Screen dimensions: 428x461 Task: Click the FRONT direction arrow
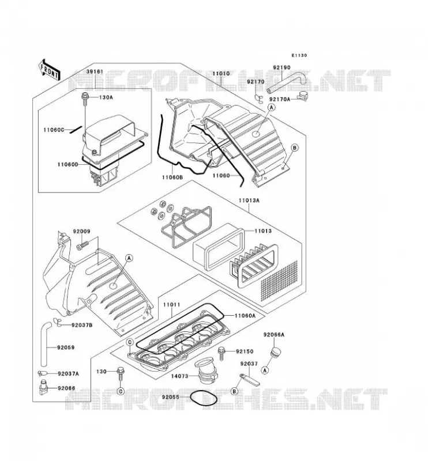[x=49, y=69]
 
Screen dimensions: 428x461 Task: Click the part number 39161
[x=95, y=71]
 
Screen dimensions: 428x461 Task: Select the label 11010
[x=221, y=73]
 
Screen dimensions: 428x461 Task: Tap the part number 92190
[x=281, y=67]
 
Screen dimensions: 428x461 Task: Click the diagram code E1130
[x=299, y=55]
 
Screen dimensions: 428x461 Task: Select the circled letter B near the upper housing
[x=295, y=148]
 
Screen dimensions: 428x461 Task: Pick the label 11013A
[x=249, y=201]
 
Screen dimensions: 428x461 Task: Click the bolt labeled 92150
[x=221, y=353]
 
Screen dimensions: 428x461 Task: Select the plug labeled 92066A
[x=275, y=352]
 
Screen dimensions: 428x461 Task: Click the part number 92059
[x=66, y=347]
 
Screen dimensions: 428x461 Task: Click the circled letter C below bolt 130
[x=121, y=391]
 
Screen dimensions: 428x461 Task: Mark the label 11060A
[x=245, y=315]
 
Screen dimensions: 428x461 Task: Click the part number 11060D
[x=67, y=165]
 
